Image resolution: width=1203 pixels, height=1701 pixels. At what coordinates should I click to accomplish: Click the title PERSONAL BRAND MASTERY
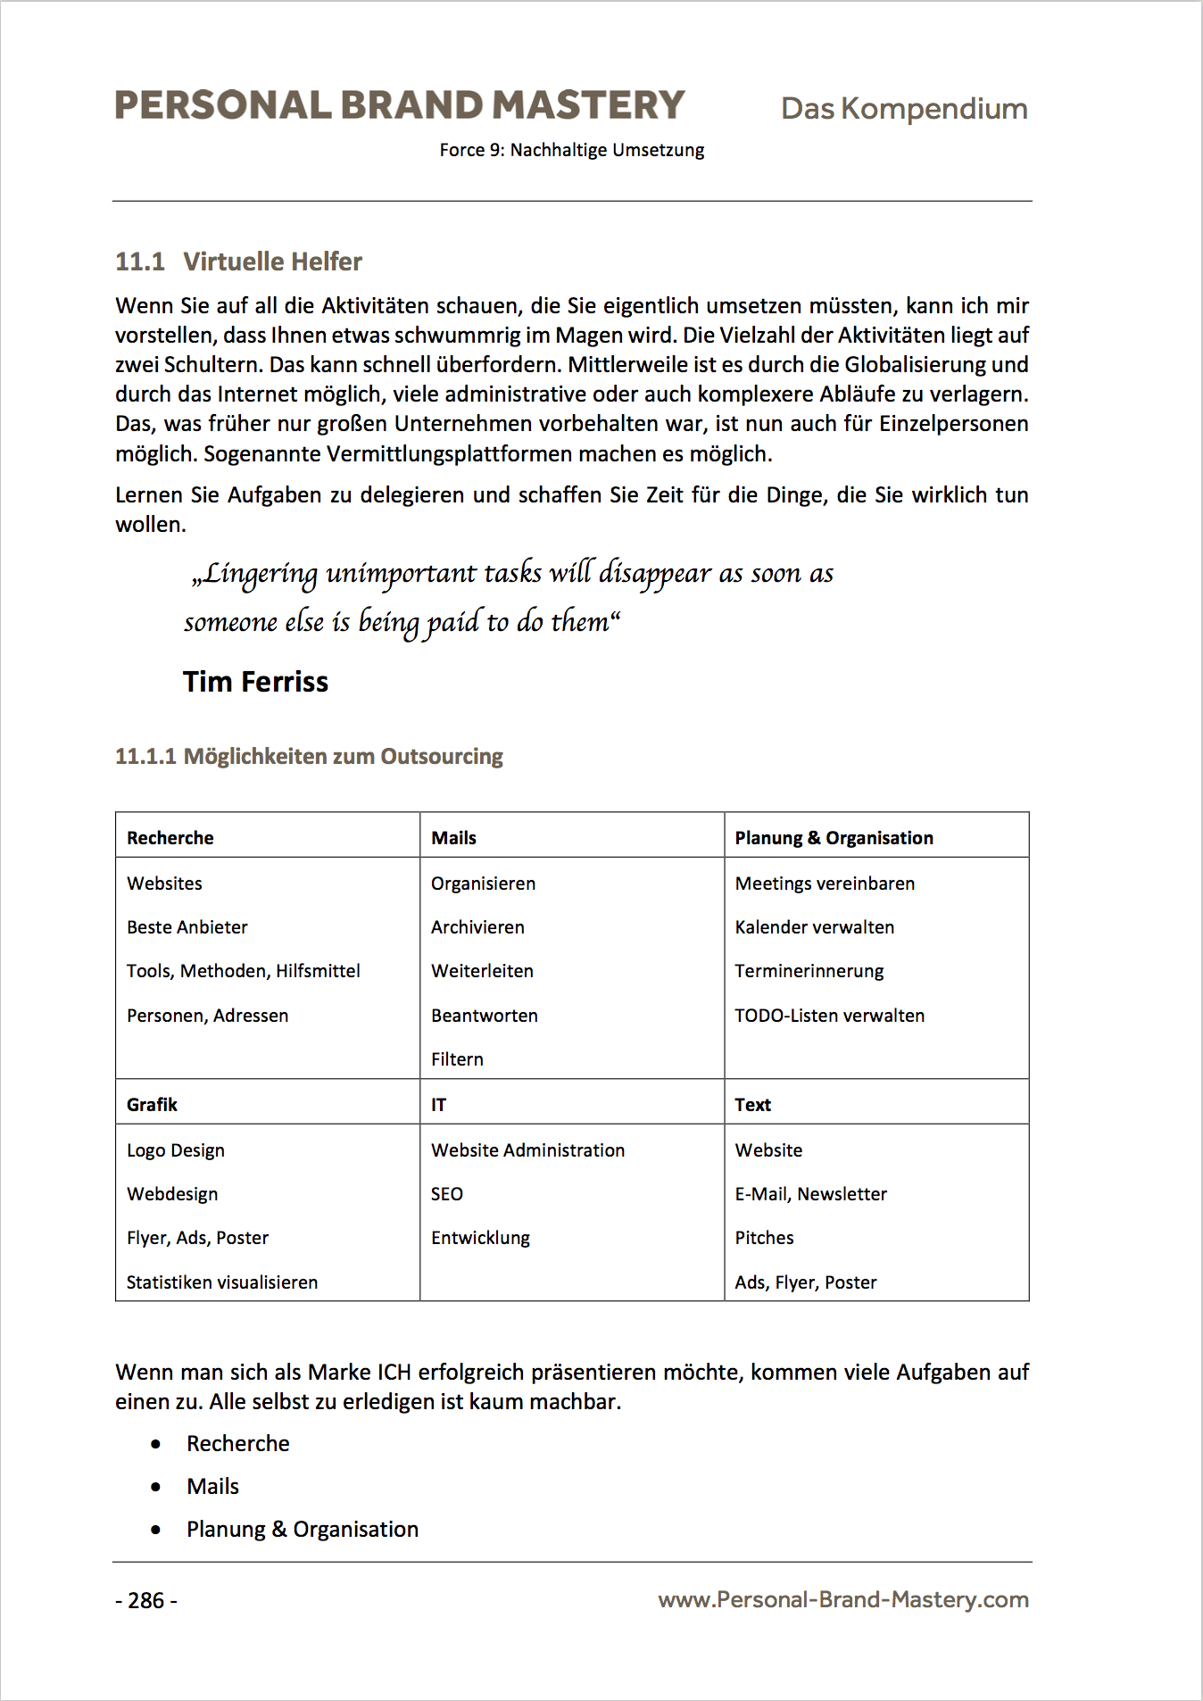click(x=399, y=105)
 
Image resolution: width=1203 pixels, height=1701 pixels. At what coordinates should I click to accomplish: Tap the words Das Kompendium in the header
click(x=903, y=109)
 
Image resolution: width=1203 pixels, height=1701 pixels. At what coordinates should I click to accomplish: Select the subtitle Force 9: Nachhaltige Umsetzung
click(x=571, y=150)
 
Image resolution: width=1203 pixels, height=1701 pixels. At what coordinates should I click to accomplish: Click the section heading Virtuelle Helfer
click(x=272, y=261)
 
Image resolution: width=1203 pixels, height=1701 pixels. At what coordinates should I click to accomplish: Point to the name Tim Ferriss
click(x=255, y=682)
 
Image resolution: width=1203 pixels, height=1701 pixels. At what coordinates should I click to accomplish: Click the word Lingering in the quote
click(x=259, y=574)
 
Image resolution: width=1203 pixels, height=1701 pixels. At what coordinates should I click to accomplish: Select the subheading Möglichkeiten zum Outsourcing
click(x=343, y=757)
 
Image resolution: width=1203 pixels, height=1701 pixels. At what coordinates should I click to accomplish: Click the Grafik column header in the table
click(x=152, y=1105)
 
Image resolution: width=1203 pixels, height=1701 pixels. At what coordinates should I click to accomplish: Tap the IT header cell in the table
click(x=438, y=1105)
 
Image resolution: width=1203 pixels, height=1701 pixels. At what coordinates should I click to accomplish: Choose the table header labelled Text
click(x=752, y=1105)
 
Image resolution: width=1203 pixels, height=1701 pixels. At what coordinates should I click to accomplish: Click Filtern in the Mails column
click(x=457, y=1059)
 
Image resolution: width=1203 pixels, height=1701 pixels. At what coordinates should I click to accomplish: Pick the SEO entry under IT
click(x=446, y=1194)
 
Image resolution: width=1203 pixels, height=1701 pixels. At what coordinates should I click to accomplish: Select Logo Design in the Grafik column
click(x=175, y=1150)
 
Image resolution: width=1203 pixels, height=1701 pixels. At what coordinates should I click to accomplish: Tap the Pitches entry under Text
click(x=764, y=1238)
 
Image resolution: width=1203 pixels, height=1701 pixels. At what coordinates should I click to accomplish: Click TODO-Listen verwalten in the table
click(x=829, y=1016)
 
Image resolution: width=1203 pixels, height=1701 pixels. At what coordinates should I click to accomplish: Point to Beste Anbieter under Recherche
click(x=187, y=927)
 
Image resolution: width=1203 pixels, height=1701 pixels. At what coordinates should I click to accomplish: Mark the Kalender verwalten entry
click(x=814, y=927)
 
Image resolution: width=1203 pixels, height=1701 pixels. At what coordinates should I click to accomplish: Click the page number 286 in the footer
click(x=145, y=1600)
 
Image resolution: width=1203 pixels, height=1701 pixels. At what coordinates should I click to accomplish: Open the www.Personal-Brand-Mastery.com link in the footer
click(x=842, y=1600)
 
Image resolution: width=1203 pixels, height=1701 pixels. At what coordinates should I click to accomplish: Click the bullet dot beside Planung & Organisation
click(x=156, y=1530)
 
